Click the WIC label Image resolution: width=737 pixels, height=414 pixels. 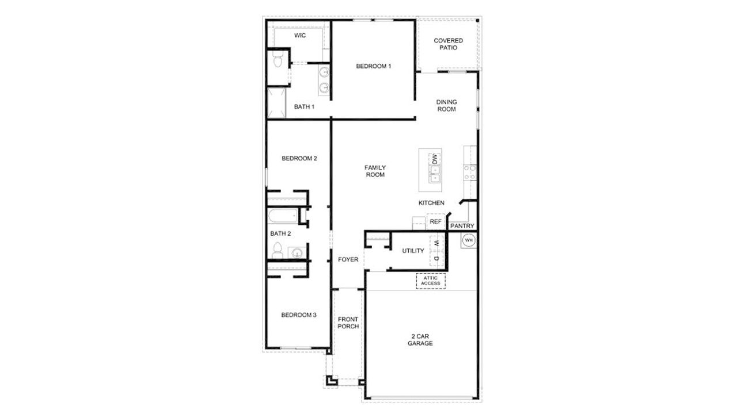pos(299,36)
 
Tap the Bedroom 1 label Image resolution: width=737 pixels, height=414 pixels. pos(373,67)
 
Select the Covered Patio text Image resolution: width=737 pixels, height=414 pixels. pos(448,44)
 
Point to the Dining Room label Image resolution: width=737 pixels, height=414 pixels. pos(446,106)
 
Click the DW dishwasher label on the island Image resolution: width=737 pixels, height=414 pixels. pos(435,159)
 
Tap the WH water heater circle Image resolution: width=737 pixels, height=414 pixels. pos(469,240)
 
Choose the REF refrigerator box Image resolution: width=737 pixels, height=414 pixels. pos(436,221)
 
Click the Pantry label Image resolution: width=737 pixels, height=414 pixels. pos(462,226)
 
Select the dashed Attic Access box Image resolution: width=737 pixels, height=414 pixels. pos(431,281)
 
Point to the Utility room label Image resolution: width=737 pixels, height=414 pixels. pos(413,251)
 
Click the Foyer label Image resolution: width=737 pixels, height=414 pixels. pos(348,260)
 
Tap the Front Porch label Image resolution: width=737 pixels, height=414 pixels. pos(348,323)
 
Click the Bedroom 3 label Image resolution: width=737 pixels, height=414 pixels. pos(299,315)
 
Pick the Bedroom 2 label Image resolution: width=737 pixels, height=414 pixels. pos(299,159)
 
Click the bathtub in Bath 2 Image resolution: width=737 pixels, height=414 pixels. pos(282,217)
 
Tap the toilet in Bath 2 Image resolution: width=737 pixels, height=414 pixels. pos(277,251)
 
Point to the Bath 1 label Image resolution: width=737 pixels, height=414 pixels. pos(305,107)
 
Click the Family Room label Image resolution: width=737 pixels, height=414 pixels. pos(375,171)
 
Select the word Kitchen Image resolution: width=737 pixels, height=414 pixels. pos(431,203)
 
